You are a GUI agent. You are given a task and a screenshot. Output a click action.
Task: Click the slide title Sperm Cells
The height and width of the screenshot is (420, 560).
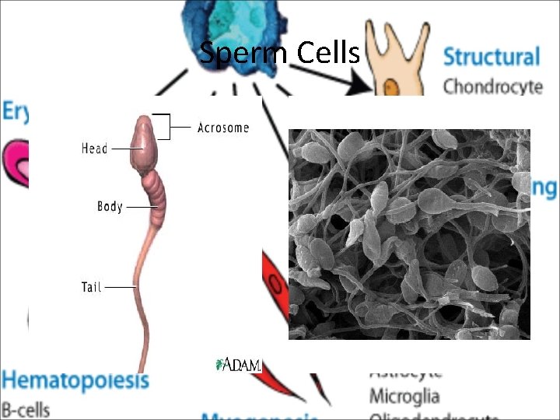[279, 53]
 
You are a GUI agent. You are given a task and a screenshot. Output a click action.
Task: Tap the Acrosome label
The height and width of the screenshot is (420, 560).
[223, 128]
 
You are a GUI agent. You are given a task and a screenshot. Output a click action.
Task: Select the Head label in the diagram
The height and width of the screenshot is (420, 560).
[94, 148]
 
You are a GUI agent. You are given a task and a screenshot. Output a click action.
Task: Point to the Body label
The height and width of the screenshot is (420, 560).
[110, 207]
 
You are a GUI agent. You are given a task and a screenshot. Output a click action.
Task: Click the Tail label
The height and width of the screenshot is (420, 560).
[92, 287]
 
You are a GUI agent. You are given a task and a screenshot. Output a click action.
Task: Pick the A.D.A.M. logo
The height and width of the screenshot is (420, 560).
[238, 364]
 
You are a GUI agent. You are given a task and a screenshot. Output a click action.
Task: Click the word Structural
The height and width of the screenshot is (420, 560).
[491, 57]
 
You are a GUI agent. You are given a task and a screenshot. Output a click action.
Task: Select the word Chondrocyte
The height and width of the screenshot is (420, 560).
[492, 86]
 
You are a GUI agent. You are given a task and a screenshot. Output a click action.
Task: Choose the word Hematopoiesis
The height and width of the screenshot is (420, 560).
[75, 381]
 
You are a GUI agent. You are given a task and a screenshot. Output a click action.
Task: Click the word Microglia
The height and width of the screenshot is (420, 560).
[404, 396]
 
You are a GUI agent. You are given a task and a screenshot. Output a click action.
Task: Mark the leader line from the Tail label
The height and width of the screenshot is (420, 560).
[121, 287]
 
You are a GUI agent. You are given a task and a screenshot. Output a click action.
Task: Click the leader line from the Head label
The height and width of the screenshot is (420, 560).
[121, 148]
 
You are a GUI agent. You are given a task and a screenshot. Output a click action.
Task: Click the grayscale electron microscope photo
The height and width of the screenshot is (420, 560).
[409, 233]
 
